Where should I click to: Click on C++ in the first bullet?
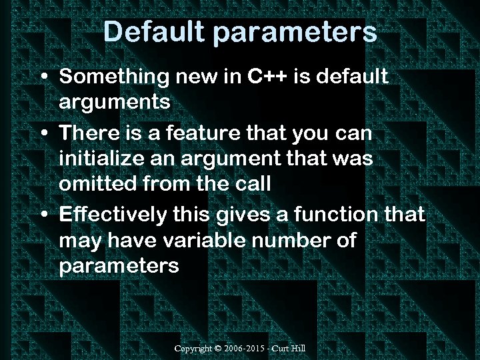[x=267, y=77]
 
